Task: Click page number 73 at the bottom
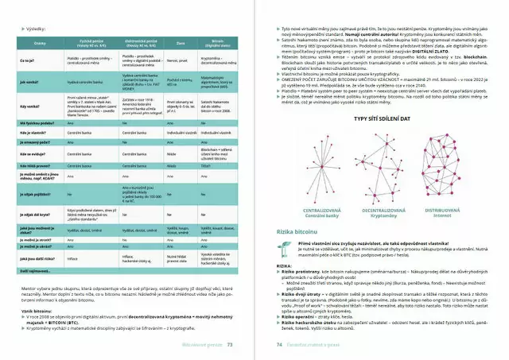click(x=230, y=345)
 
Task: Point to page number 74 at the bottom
click(x=279, y=345)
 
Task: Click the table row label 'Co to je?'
click(x=27, y=60)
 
